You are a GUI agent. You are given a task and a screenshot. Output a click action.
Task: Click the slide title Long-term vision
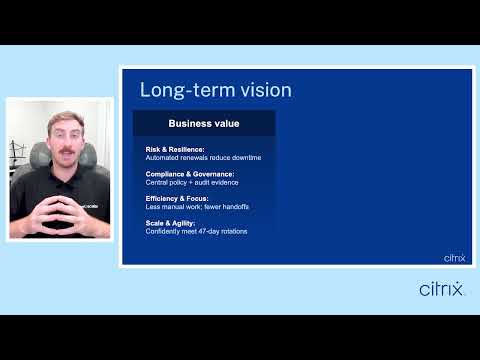[215, 90]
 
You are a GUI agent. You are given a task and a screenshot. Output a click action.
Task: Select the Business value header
[204, 124]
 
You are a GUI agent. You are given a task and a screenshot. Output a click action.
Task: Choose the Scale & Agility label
[169, 223]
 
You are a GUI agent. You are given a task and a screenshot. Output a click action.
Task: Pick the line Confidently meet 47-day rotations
[195, 231]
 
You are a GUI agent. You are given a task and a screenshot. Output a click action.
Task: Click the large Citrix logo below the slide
[441, 289]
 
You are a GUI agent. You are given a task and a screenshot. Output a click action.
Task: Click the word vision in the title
[264, 90]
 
